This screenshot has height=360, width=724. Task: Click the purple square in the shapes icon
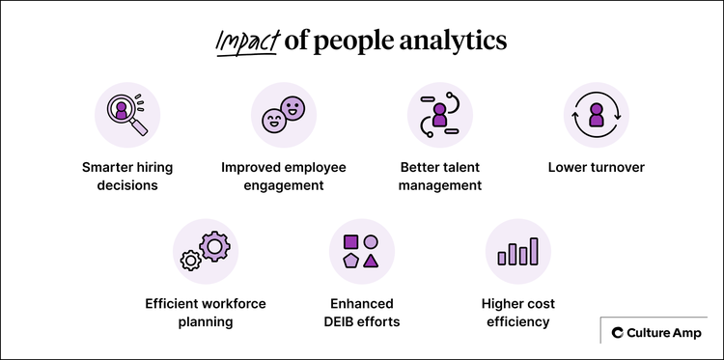pos(351,241)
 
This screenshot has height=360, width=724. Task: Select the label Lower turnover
pos(597,168)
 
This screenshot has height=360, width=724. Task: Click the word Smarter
pos(107,168)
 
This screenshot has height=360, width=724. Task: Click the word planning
pos(206,321)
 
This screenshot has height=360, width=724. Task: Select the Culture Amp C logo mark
pos(618,333)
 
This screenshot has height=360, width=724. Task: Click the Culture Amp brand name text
pos(664,333)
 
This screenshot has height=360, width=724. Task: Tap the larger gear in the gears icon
pos(214,245)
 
